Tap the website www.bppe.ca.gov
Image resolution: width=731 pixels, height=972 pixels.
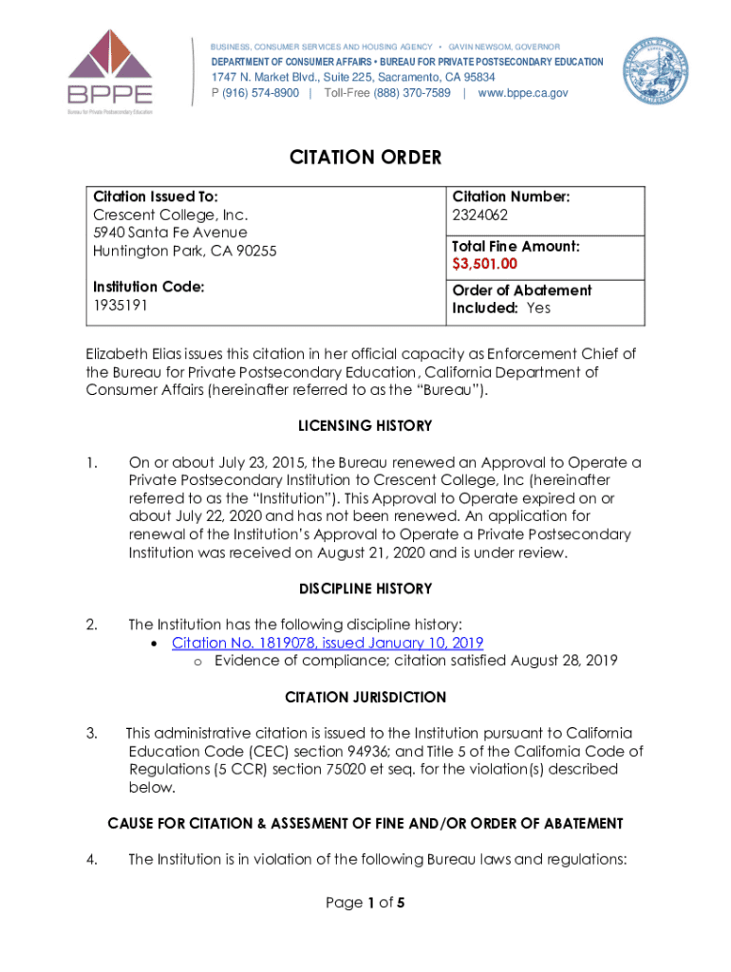tap(523, 93)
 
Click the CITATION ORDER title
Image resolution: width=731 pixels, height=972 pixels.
tap(365, 158)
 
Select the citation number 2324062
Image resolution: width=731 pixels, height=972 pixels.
tap(480, 215)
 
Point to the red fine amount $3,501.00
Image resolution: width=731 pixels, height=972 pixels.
tap(484, 263)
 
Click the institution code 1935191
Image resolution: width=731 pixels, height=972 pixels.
tap(121, 306)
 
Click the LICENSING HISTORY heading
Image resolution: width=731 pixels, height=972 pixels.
tap(365, 425)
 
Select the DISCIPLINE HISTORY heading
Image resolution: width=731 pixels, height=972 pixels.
tap(365, 589)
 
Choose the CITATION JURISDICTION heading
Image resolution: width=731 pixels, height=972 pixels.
tap(365, 698)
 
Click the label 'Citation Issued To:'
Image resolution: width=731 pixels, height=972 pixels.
tap(156, 196)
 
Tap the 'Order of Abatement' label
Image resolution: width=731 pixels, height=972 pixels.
tap(521, 290)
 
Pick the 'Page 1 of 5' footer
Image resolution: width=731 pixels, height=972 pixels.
tap(365, 903)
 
